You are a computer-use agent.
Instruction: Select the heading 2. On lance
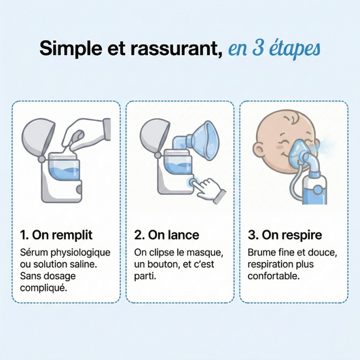pos(166,235)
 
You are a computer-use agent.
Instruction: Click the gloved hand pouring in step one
pos(88,132)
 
